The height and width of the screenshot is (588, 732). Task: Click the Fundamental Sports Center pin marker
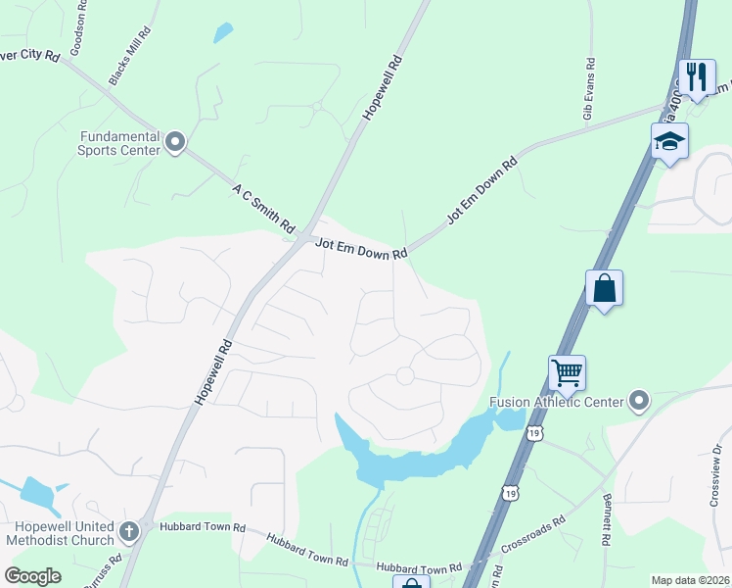(176, 143)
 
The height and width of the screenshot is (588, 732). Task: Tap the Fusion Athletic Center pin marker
(639, 401)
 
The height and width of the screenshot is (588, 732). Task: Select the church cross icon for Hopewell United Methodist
(128, 532)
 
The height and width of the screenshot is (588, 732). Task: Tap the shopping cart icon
(567, 372)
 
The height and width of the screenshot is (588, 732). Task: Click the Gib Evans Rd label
(589, 89)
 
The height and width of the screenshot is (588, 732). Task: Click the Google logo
(32, 576)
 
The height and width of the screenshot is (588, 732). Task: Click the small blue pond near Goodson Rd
(223, 32)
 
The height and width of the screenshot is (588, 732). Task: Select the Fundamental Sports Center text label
(118, 144)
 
